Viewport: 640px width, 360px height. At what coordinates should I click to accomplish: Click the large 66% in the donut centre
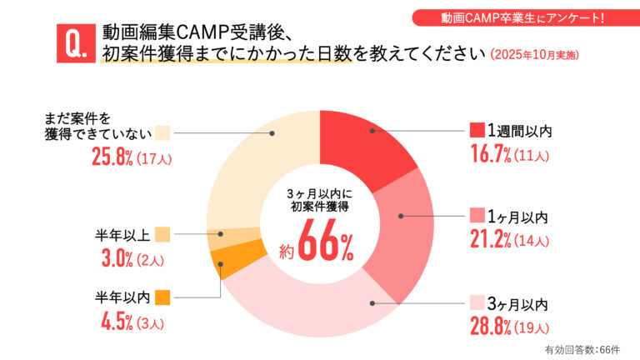[325, 244]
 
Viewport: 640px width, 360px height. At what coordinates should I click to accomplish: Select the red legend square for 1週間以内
[477, 130]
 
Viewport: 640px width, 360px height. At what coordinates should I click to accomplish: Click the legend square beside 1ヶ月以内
[477, 216]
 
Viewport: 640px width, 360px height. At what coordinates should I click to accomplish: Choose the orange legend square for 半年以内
[162, 296]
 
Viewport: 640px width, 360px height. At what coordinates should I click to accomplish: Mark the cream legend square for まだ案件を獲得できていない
[162, 132]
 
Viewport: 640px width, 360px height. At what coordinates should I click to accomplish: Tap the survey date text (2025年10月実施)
[533, 56]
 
